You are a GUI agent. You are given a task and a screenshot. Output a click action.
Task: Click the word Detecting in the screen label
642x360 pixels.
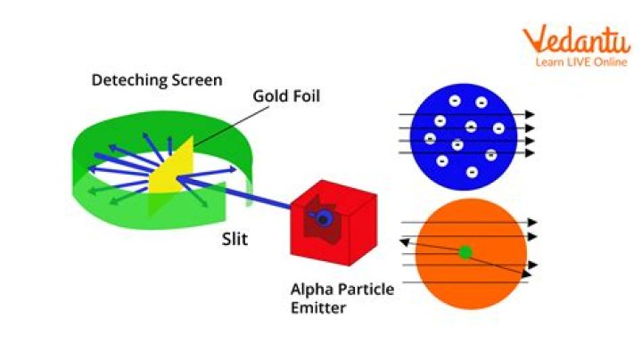coord(129,80)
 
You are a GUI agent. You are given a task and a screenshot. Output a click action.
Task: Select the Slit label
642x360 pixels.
coord(235,239)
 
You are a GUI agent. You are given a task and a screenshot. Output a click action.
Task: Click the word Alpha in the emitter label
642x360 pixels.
coord(309,290)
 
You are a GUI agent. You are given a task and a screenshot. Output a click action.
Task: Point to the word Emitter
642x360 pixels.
coord(318,307)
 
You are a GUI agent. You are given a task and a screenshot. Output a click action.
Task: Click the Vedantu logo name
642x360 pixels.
coord(577,40)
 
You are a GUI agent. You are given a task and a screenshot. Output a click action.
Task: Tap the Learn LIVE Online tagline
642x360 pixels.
coord(581,62)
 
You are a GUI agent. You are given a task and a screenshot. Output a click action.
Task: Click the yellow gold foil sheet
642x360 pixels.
coord(170,167)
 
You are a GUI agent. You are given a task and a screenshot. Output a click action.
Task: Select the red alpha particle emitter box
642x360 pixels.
coord(333,223)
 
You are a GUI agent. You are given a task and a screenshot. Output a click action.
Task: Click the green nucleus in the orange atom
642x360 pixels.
coord(465,252)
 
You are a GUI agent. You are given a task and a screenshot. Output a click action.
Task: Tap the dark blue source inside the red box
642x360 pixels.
coord(323,218)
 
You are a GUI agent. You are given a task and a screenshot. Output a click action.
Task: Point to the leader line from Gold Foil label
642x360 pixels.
coord(231,127)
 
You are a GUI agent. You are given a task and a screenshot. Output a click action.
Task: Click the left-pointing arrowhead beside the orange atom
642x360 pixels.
coord(405,242)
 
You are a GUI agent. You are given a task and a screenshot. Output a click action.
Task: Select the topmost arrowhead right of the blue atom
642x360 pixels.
coord(530,115)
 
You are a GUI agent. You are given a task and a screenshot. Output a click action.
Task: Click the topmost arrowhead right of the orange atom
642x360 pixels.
coord(532,223)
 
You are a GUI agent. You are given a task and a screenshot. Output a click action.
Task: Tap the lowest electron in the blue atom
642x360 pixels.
coord(472,172)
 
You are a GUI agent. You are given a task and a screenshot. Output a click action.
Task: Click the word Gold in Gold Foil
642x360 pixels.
coord(269,96)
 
